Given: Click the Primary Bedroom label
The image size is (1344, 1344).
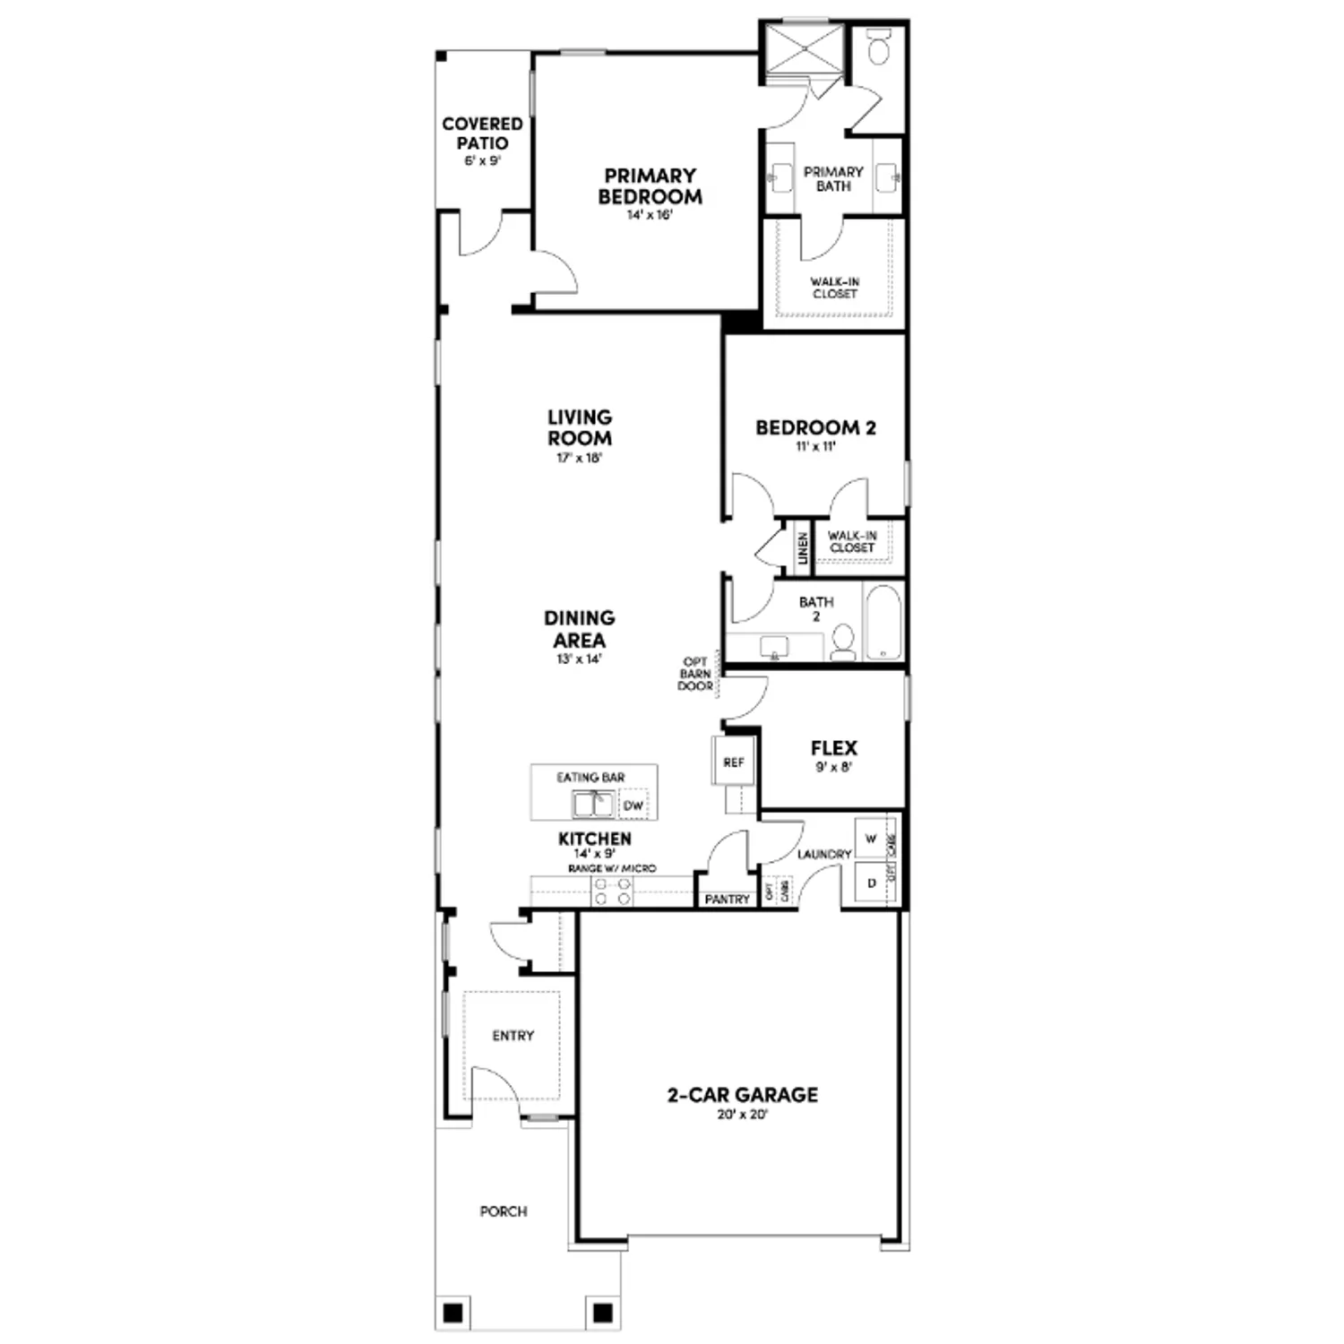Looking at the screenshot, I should (x=650, y=185).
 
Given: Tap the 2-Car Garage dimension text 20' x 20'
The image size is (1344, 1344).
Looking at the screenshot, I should (x=742, y=1116).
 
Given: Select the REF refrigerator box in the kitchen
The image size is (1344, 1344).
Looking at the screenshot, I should (x=733, y=762).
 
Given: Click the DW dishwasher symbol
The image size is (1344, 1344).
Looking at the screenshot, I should (x=633, y=806).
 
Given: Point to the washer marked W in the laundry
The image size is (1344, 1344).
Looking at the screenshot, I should (x=871, y=840).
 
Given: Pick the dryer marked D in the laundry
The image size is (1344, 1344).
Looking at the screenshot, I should (x=871, y=883).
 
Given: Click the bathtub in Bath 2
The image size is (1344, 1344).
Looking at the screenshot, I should (x=883, y=622).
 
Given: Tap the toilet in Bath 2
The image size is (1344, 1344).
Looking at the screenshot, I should (x=843, y=642).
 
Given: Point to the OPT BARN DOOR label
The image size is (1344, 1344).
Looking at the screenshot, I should (x=695, y=675).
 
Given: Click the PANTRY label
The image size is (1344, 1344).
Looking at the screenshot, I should (x=727, y=899).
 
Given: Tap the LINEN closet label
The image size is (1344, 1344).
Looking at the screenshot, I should (x=803, y=548).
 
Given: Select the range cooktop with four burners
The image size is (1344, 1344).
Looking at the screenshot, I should (x=613, y=891).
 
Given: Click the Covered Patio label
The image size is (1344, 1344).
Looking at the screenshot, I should (x=482, y=134).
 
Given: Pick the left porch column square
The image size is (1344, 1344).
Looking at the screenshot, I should (x=453, y=1314).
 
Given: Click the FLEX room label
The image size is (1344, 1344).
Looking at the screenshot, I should (x=833, y=748).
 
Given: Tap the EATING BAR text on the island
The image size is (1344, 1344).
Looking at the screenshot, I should (x=590, y=777).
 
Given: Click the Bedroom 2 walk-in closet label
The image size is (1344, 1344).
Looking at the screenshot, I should (x=852, y=541).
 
